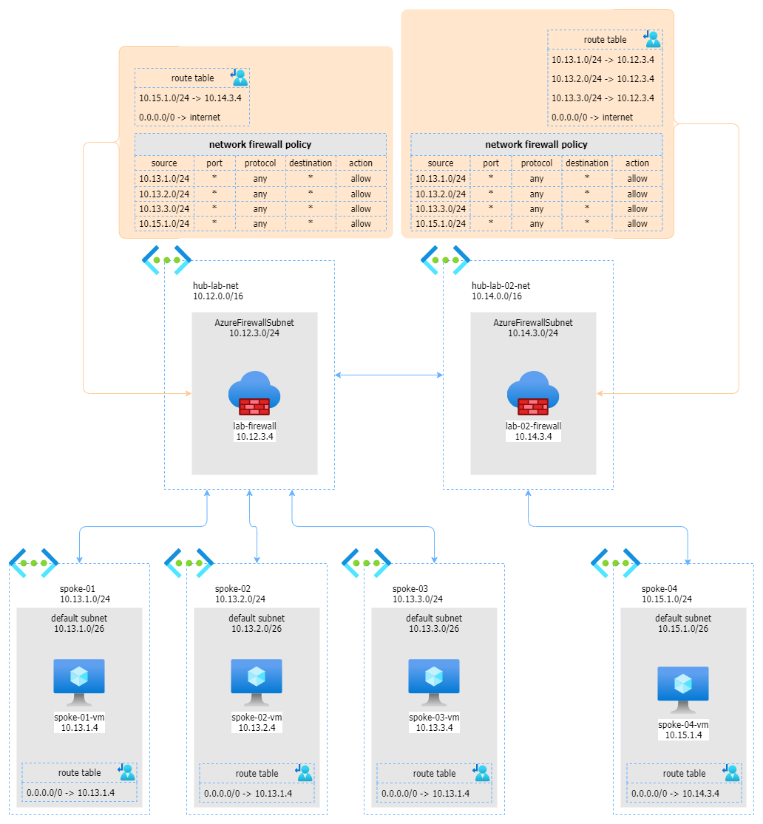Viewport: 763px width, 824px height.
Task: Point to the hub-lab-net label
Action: tap(217, 285)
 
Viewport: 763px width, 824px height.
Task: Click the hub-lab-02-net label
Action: tap(501, 285)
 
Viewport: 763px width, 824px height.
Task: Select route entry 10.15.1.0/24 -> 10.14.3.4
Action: tap(190, 98)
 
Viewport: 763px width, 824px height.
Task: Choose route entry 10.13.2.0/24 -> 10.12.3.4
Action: tap(603, 78)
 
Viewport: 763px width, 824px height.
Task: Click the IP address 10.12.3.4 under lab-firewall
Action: tap(254, 437)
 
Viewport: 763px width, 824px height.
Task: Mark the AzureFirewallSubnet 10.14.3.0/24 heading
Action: tap(533, 328)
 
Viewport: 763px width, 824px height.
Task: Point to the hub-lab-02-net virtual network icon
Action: tap(446, 260)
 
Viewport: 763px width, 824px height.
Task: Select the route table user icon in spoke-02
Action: tap(303, 772)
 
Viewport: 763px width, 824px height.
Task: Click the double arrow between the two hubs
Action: tap(389, 375)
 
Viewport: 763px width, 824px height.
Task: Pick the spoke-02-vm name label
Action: tap(257, 718)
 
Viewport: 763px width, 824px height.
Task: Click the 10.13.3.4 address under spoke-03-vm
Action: tap(434, 728)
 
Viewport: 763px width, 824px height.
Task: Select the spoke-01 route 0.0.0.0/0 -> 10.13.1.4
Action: tap(70, 793)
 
